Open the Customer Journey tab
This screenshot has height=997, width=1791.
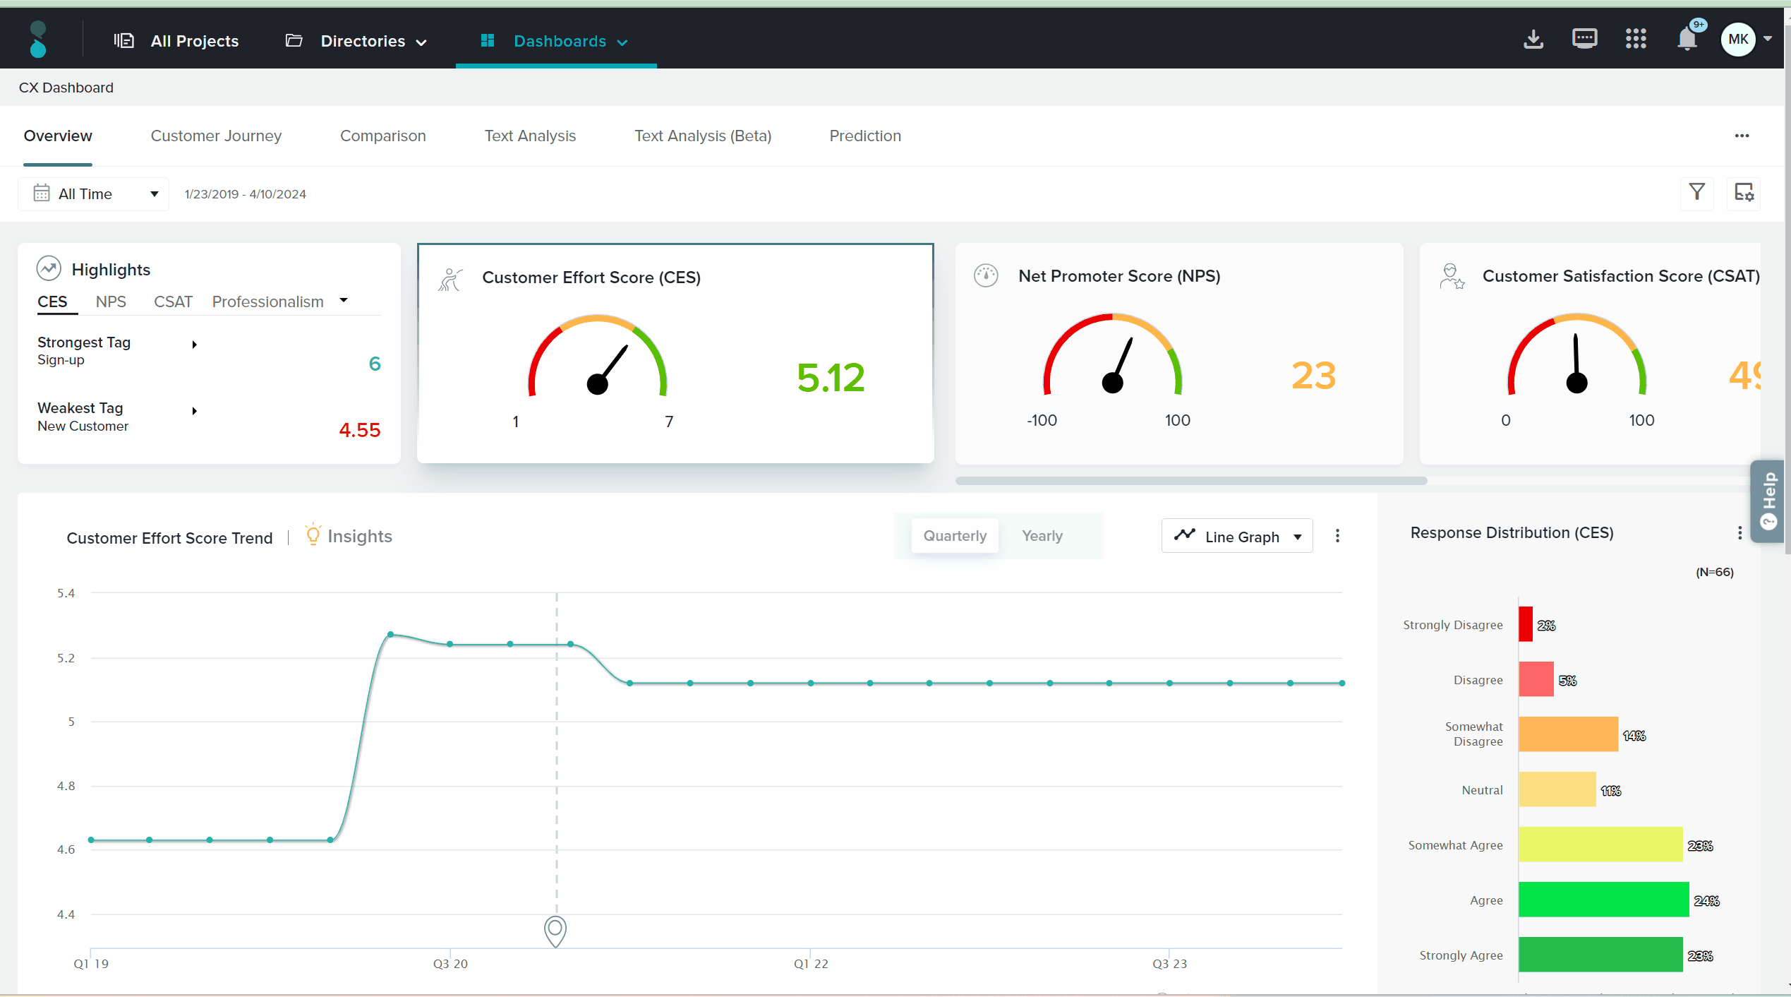pyautogui.click(x=216, y=136)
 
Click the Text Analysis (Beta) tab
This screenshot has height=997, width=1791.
pyautogui.click(x=702, y=136)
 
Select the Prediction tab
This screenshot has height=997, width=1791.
pyautogui.click(x=865, y=136)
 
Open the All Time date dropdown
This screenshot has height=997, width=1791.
pyautogui.click(x=94, y=194)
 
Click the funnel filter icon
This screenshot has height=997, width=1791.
pyautogui.click(x=1696, y=192)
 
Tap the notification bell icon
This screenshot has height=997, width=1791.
pyautogui.click(x=1687, y=40)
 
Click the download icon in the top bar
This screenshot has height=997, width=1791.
pyautogui.click(x=1533, y=40)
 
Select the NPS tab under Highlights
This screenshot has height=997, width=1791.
pyautogui.click(x=111, y=302)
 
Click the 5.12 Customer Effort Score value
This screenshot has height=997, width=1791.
pyautogui.click(x=831, y=377)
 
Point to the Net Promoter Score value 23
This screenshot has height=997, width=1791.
pyautogui.click(x=1313, y=375)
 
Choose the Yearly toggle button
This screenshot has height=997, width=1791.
pyautogui.click(x=1042, y=536)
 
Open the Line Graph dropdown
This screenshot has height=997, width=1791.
pyautogui.click(x=1237, y=537)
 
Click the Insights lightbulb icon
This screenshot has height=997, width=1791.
pyautogui.click(x=313, y=535)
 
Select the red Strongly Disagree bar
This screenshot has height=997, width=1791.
pyautogui.click(x=1526, y=624)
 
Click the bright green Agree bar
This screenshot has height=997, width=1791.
pyautogui.click(x=1603, y=900)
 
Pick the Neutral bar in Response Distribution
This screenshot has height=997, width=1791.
pyautogui.click(x=1557, y=789)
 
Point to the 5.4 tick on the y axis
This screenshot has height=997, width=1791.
pyautogui.click(x=66, y=593)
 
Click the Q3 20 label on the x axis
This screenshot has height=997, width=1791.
pyautogui.click(x=450, y=964)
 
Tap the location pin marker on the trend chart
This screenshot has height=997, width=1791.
pyautogui.click(x=555, y=930)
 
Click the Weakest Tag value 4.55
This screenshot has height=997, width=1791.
pyautogui.click(x=359, y=430)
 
